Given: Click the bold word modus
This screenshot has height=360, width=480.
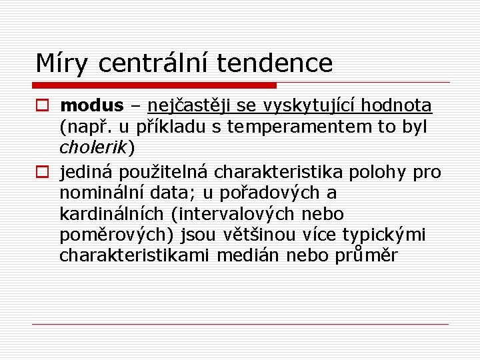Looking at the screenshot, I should click(91, 105).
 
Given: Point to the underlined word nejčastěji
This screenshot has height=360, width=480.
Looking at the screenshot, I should click(188, 105).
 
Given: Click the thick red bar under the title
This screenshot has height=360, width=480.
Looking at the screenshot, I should click(154, 85).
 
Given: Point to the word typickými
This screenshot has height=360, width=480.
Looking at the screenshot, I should click(384, 235).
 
